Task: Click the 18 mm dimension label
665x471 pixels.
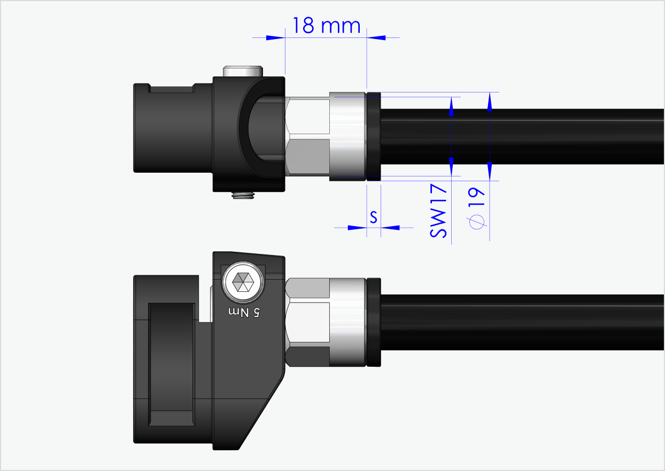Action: pyautogui.click(x=326, y=25)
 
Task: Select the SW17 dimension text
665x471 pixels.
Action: pyautogui.click(x=438, y=211)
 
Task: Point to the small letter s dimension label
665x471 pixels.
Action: pyautogui.click(x=374, y=217)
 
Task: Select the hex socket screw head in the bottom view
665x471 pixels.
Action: pyautogui.click(x=244, y=282)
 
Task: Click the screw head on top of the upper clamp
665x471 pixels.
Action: pyautogui.click(x=243, y=71)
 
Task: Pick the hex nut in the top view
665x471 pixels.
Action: pyautogui.click(x=307, y=137)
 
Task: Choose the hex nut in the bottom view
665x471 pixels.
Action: pyautogui.click(x=307, y=321)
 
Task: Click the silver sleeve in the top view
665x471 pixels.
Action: pyautogui.click(x=347, y=137)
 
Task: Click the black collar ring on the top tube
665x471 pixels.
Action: pyautogui.click(x=373, y=137)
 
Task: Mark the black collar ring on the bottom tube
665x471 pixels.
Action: pyautogui.click(x=374, y=322)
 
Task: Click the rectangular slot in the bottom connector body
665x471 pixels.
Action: pyautogui.click(x=171, y=364)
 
